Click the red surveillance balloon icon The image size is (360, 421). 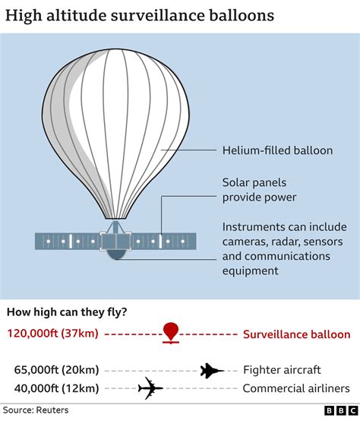pos(171,333)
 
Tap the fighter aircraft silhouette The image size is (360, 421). pos(212,371)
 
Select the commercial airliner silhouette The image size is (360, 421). pos(150,388)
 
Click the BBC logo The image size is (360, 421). pos(341,411)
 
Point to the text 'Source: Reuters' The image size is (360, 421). pos(36,410)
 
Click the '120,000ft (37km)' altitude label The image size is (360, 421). pos(53,334)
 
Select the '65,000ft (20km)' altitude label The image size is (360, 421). pos(57,370)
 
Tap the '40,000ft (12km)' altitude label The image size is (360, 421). pos(57,388)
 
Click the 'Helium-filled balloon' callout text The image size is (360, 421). pos(277,150)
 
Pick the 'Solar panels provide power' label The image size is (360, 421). pos(260,190)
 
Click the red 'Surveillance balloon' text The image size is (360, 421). pos(297,334)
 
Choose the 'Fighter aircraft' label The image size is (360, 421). pos(282,370)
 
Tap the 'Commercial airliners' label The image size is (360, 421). pos(296,388)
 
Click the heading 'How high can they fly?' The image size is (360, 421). pos(67,312)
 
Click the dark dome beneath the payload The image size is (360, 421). pos(116,255)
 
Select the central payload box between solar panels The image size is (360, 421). pos(116,242)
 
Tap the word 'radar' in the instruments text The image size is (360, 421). pos(284,242)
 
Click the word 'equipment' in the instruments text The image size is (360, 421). pos(251,271)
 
